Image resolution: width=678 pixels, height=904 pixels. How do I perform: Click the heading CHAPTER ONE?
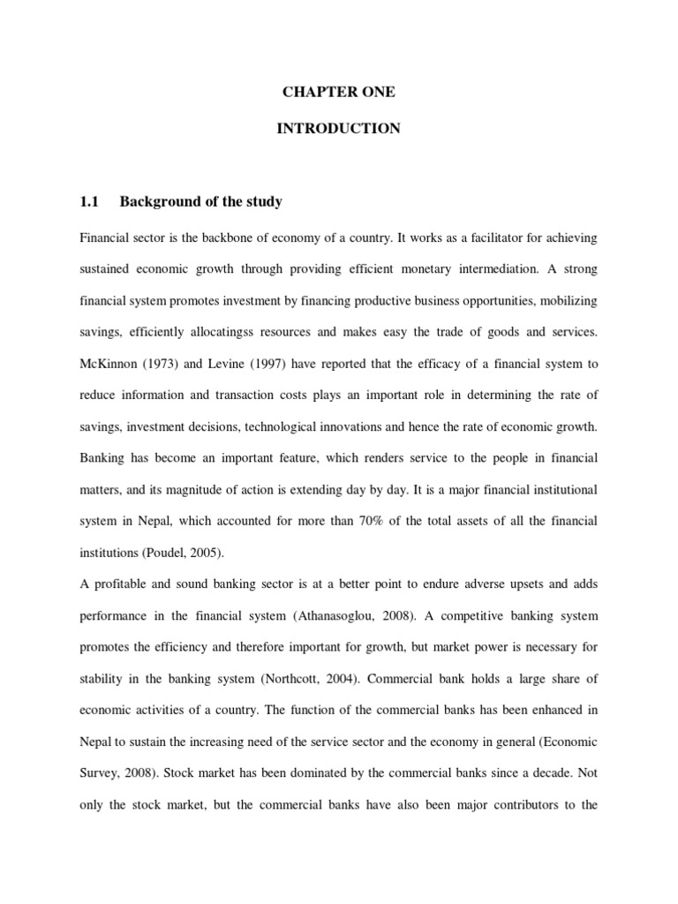click(x=338, y=93)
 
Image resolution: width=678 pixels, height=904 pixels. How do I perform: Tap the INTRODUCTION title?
click(x=338, y=129)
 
